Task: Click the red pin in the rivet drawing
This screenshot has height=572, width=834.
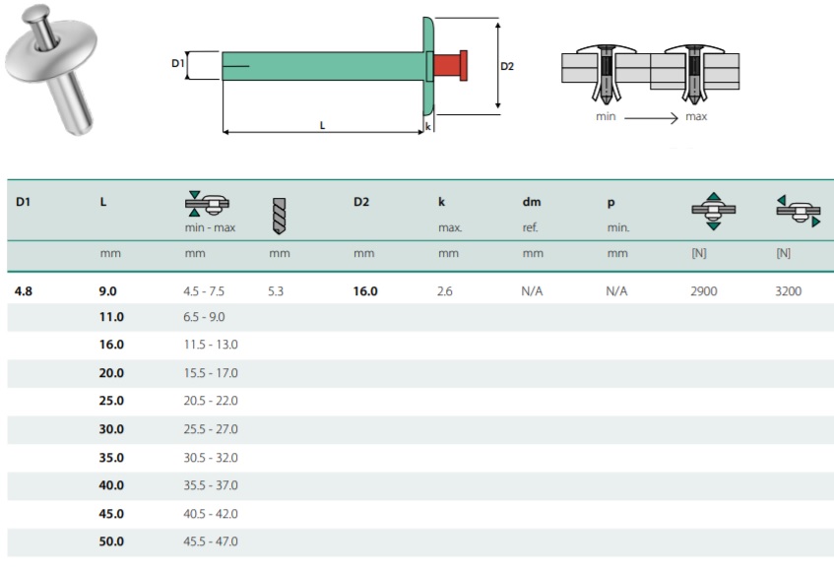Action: point(450,65)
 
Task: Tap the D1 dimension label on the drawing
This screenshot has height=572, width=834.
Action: point(177,63)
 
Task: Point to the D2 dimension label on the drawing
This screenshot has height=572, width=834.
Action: point(507,66)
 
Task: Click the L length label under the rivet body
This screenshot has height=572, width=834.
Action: point(322,125)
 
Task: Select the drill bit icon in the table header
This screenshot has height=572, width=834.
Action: point(279,216)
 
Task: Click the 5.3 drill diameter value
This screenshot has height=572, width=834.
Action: point(276,291)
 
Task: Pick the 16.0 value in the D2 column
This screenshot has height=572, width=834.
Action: point(365,291)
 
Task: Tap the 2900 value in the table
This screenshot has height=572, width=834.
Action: point(704,291)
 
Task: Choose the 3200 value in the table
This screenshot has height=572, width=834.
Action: point(789,291)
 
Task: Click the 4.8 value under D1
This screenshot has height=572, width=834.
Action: point(24,291)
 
